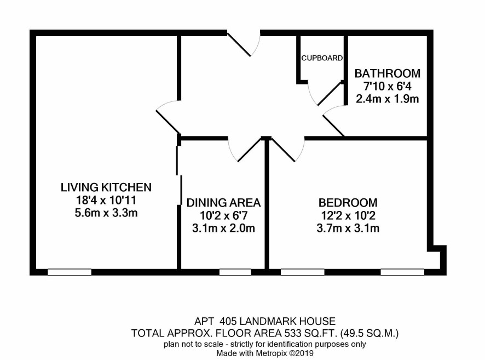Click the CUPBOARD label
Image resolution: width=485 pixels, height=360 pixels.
pos(322,58)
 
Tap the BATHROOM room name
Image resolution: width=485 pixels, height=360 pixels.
pos(387,73)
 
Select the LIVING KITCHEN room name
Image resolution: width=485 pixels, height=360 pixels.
pos(106,187)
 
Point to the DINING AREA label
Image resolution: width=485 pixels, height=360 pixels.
pos(223,202)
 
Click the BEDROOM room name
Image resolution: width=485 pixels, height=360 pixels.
pos(348,203)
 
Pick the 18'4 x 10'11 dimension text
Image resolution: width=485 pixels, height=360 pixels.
pos(106,201)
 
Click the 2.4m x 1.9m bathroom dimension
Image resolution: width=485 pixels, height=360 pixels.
pos(387,99)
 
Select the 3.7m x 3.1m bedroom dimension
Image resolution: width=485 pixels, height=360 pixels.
pos(348,228)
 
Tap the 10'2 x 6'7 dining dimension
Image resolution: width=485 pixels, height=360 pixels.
pos(223,215)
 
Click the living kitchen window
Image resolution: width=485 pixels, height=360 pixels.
pos(70,272)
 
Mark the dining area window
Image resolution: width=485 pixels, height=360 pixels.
pos(235,272)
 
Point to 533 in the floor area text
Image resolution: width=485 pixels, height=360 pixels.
pos(293,333)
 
